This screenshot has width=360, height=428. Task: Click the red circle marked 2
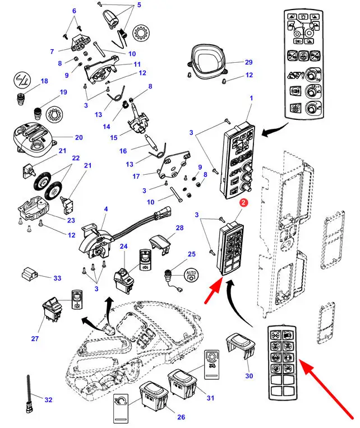243,202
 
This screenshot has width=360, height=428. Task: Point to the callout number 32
48,399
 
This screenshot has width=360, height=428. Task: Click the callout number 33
57,277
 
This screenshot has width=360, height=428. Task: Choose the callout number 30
248,376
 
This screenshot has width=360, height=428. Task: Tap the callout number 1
251,99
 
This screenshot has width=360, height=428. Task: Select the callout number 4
105,210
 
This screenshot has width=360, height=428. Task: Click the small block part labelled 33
29,274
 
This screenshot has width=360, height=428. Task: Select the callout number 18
44,82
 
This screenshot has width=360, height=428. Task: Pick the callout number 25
192,255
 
